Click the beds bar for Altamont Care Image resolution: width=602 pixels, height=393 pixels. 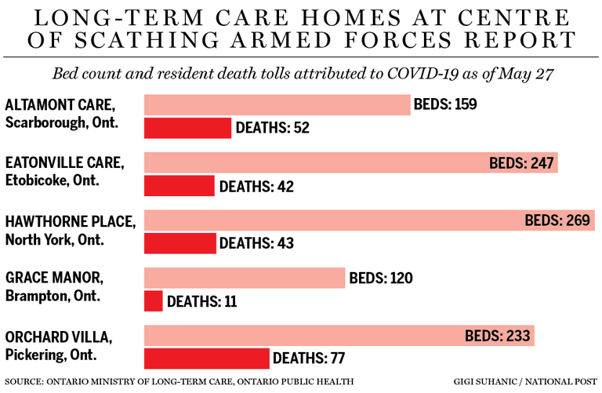pyautogui.click(x=277, y=104)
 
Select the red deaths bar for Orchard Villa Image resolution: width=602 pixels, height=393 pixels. pyautogui.click(x=206, y=358)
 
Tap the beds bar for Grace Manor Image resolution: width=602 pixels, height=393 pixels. pyautogui.click(x=245, y=278)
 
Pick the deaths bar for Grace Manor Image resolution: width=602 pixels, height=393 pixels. pyautogui.click(x=154, y=300)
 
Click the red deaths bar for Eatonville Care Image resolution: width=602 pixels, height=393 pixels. pyautogui.click(x=179, y=186)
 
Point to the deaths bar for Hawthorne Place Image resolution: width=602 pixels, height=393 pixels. pyautogui.click(x=180, y=243)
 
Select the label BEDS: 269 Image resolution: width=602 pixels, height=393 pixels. pyautogui.click(x=557, y=220)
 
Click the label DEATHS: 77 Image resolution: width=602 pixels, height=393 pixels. pyautogui.click(x=310, y=358)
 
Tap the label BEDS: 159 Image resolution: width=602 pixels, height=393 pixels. pyautogui.click(x=446, y=104)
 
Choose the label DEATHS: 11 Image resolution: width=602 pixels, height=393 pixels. pyautogui.click(x=201, y=300)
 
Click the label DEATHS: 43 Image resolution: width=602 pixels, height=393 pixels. pyautogui.click(x=256, y=243)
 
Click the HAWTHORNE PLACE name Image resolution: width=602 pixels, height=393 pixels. pyautogui.click(x=69, y=221)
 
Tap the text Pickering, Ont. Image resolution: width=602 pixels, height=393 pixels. pyautogui.click(x=50, y=355)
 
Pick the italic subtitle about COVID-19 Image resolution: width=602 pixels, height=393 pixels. pyautogui.click(x=301, y=75)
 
